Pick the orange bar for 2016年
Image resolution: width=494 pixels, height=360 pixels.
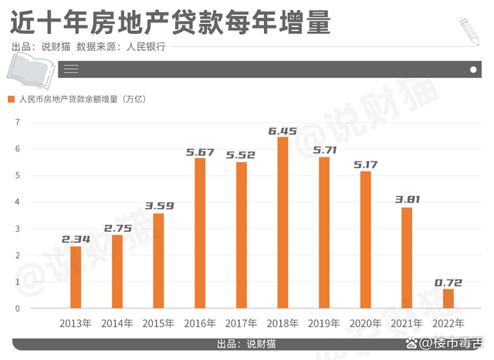pyautogui.click(x=200, y=233)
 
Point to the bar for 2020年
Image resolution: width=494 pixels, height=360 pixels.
pyautogui.click(x=365, y=239)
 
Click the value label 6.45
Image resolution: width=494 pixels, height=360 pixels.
pyautogui.click(x=283, y=131)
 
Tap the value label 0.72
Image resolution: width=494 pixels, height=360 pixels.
pyautogui.click(x=448, y=283)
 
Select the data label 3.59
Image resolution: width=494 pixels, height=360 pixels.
pyautogui.click(x=158, y=206)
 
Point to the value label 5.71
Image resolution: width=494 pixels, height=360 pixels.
pyautogui.click(x=324, y=150)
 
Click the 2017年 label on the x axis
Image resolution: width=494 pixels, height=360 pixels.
pyautogui.click(x=242, y=323)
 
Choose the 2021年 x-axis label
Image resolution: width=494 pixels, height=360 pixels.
pyautogui.click(x=407, y=323)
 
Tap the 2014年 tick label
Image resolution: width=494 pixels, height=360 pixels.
pyautogui.click(x=117, y=323)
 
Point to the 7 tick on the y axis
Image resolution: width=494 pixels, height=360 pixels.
pyautogui.click(x=17, y=122)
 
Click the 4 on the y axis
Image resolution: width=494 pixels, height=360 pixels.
pyautogui.click(x=17, y=202)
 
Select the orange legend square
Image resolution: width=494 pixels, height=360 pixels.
pyautogui.click(x=12, y=99)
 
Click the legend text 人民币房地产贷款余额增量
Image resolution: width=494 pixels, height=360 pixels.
pyautogui.click(x=77, y=99)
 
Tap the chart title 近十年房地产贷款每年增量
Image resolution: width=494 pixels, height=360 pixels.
pyautogui.click(x=171, y=22)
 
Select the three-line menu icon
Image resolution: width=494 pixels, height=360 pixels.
pyautogui.click(x=71, y=70)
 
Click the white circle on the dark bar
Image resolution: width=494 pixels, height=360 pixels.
pyautogui.click(x=473, y=70)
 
